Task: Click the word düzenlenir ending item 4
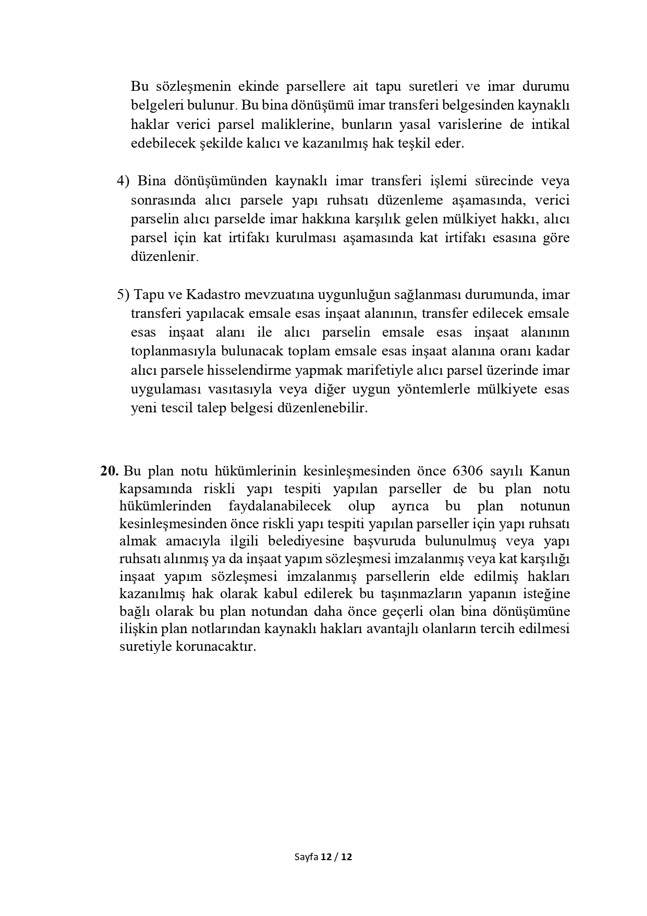pos(164,257)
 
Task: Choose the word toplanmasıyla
pos(174,351)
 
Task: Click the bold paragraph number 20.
pos(110,471)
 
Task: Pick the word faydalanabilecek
pos(279,506)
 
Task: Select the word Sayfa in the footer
pos(306,857)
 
